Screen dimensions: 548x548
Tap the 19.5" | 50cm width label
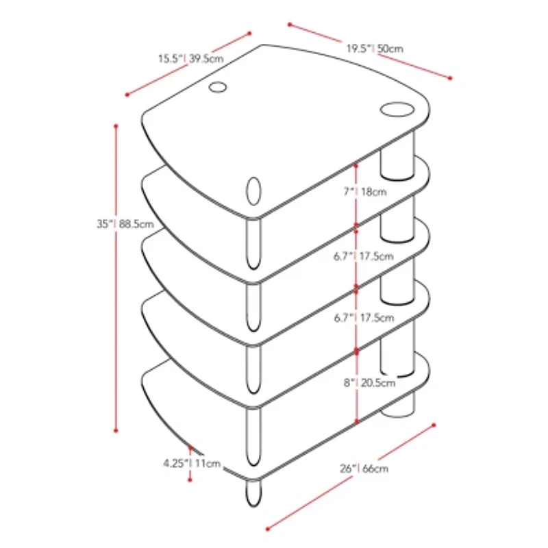[374, 49]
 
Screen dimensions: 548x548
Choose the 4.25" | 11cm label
[192, 463]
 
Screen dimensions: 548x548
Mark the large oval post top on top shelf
[396, 109]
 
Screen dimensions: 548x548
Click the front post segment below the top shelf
[253, 242]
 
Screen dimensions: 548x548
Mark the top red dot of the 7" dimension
[357, 164]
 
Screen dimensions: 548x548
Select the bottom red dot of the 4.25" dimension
[190, 480]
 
